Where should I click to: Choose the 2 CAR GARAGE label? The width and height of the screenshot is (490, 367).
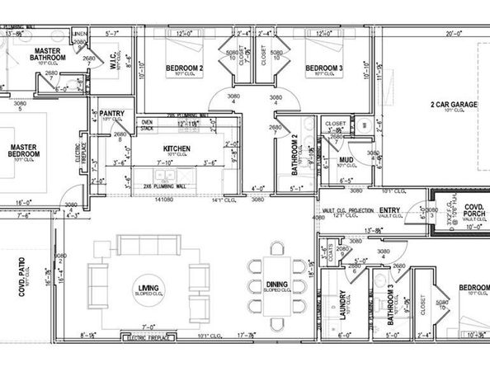[x=453, y=105]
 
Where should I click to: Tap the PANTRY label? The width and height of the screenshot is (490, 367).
[x=112, y=112]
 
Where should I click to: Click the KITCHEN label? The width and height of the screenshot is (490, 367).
[x=177, y=148]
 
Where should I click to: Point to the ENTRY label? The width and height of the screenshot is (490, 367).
[x=389, y=210]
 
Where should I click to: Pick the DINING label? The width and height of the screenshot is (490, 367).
[x=276, y=285]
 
